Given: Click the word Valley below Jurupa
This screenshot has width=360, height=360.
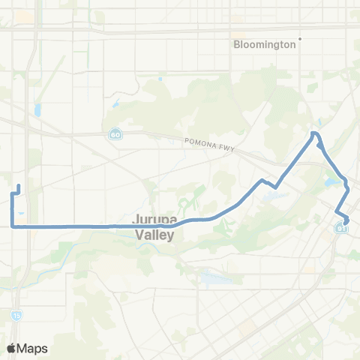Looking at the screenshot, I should pos(154,235).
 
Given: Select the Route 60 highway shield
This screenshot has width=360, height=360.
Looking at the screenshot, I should pos(114,134).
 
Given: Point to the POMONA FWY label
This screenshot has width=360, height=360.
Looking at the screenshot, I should pos(209,143).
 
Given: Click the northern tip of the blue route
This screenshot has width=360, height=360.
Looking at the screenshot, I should pos(315,133).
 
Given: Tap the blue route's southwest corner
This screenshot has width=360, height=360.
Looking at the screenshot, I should pos(13,225).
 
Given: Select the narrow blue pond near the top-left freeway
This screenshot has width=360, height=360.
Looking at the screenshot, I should pos(37,110).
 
